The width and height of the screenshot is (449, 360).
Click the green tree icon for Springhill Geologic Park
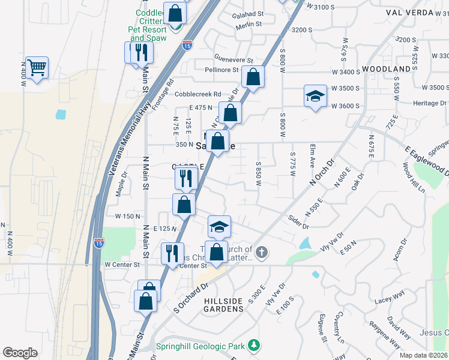pos(255,345)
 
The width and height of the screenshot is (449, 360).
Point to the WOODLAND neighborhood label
pos(390,70)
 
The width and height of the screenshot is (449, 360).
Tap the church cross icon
pos(261,253)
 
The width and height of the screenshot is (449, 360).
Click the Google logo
pos(20,353)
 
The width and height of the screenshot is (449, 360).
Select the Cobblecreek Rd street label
pos(198,94)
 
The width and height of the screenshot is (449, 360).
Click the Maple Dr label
pos(122,183)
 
